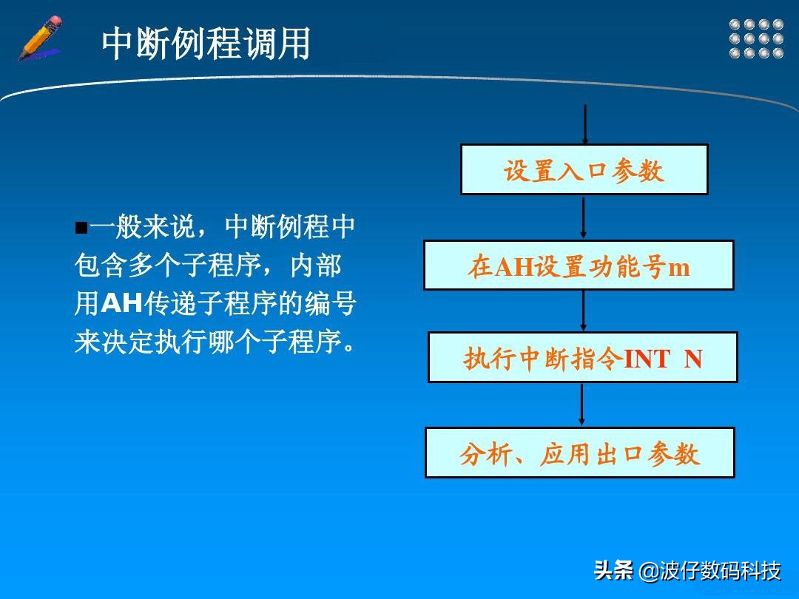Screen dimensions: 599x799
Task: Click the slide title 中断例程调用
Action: [206, 44]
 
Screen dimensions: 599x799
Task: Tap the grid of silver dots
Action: [756, 38]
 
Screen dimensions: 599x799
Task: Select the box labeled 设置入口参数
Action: [584, 169]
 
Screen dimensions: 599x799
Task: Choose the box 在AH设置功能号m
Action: [578, 265]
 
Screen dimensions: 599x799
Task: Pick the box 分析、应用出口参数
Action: [579, 453]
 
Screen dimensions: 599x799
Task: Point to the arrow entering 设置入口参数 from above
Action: [585, 123]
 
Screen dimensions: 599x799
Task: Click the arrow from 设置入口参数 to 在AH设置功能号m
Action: [584, 217]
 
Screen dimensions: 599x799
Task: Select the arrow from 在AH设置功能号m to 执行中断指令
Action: [583, 310]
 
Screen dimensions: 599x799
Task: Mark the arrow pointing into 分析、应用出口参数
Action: [581, 404]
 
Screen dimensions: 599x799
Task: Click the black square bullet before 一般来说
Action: [81, 227]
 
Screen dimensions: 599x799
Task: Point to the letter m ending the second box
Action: [678, 266]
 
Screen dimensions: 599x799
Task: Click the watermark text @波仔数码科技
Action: [709, 571]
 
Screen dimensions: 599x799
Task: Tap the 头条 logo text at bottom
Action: [613, 571]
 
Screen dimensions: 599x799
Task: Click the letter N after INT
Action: [692, 359]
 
